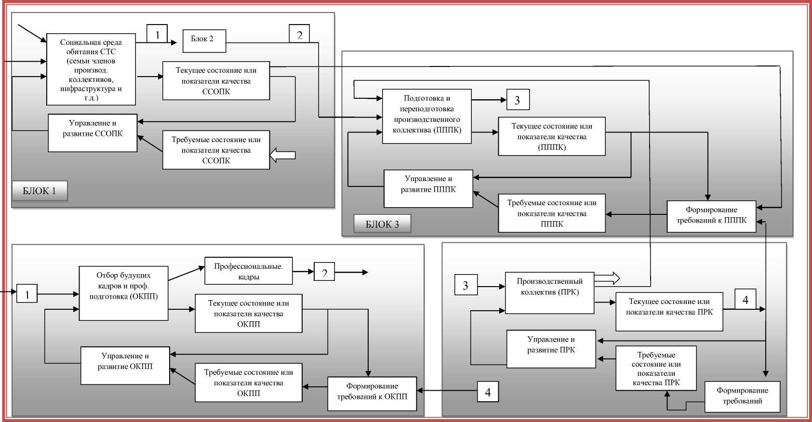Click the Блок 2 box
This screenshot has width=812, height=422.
[x=204, y=41]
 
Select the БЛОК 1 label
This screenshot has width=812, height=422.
[x=40, y=191]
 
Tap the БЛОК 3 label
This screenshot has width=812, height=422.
[x=382, y=224]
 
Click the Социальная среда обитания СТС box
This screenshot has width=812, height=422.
[x=91, y=69]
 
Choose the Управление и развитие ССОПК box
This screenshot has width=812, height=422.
[x=93, y=133]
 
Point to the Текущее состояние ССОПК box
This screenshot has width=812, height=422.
[x=216, y=81]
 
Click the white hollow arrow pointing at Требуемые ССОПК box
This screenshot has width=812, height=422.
[x=282, y=155]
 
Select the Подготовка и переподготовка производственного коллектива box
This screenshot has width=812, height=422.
[x=426, y=116]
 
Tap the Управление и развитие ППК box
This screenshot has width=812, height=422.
[x=428, y=188]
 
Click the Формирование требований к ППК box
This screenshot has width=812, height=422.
[x=711, y=216]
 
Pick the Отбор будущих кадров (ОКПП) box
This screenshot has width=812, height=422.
[x=123, y=293]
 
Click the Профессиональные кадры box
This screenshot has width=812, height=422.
[x=248, y=271]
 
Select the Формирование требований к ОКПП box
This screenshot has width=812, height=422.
[x=372, y=394]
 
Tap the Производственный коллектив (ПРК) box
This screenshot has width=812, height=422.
[x=549, y=292]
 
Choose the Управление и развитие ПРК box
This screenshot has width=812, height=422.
[x=551, y=349]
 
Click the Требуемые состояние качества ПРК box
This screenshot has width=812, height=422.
[x=656, y=368]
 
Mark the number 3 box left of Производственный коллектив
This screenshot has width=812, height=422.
[x=466, y=285]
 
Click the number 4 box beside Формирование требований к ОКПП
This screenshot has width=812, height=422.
[x=488, y=392]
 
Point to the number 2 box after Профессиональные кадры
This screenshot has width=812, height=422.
[x=324, y=273]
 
